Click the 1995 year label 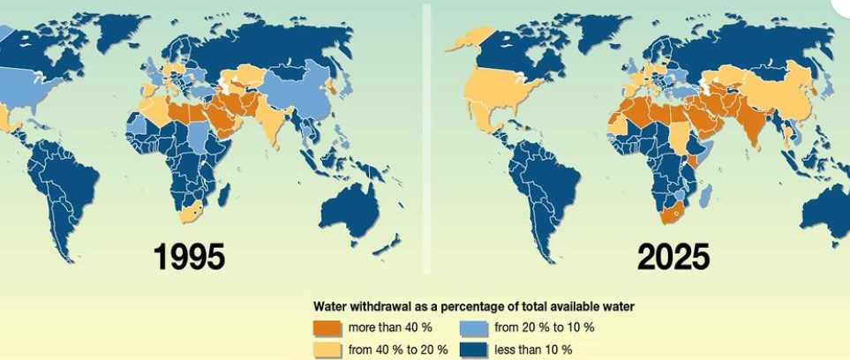coord(190,257)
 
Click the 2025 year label coord(674,257)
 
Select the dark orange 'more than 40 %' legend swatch coord(327,327)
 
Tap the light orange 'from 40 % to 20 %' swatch coord(327,349)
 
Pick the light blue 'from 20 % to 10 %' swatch coord(475,327)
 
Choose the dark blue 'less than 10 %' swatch coord(475,349)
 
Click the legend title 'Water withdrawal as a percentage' coord(474,306)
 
